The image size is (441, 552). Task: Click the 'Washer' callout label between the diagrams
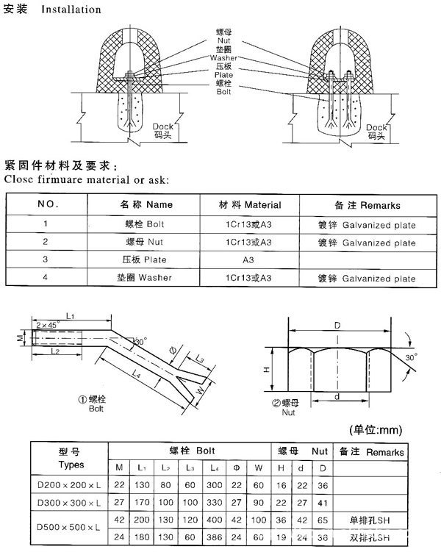pos(223,57)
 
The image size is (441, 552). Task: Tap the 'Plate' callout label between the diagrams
pos(223,75)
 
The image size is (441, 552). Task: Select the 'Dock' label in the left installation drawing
pos(164,127)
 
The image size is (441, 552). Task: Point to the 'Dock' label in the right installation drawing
pos(377,128)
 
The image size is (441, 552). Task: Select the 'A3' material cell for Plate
pos(250,259)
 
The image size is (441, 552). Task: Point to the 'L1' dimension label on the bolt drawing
pos(71,315)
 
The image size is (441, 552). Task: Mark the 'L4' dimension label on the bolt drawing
pos(137,375)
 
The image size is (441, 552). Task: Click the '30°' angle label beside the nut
pos(410,356)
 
